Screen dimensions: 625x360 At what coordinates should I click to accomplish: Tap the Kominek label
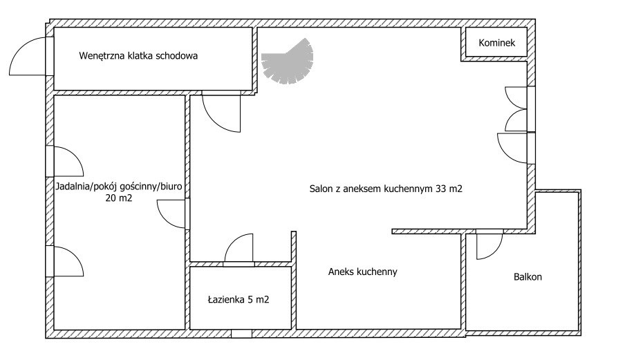(496, 43)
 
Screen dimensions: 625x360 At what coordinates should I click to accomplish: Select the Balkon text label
(528, 277)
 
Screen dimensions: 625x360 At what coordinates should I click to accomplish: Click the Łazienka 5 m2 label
(239, 299)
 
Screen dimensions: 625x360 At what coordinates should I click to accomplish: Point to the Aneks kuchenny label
(363, 272)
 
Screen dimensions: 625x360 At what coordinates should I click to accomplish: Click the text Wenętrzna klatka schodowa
(138, 55)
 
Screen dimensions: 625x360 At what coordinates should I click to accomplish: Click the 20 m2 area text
(119, 198)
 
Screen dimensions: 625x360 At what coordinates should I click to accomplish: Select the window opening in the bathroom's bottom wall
(241, 334)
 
